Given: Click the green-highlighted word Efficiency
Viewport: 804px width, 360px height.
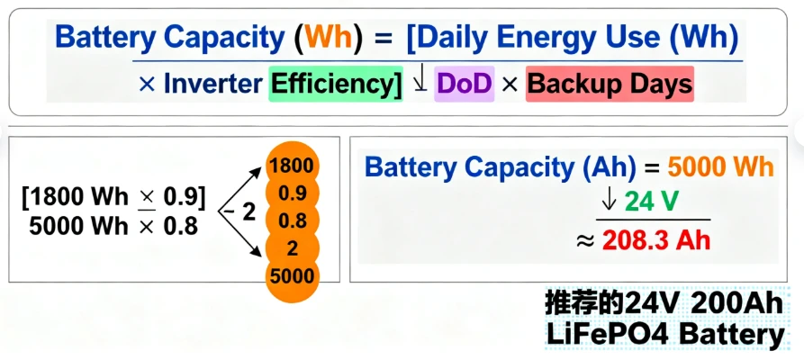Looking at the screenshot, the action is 335,84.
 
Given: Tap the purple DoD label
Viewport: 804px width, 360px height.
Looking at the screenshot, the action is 464,84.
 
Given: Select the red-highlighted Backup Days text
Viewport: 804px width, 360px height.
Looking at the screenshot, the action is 610,84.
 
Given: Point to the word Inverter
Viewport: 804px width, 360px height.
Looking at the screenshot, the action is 212,84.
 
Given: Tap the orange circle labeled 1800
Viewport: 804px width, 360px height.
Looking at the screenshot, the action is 292,166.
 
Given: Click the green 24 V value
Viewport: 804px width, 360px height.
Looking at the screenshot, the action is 647,203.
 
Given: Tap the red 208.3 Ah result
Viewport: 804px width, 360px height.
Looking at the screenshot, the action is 656,239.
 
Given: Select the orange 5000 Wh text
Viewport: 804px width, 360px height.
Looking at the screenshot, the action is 721,167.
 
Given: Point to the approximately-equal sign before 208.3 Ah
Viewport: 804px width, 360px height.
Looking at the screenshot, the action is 585,241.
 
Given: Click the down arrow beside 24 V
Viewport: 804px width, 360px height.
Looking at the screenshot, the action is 610,202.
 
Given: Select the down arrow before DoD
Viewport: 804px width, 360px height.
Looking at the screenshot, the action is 420,82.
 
